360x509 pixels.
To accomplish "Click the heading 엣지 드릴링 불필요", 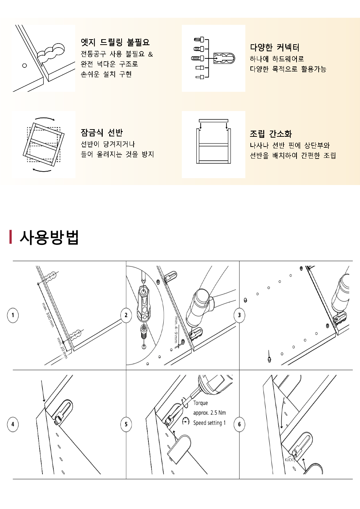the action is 115,42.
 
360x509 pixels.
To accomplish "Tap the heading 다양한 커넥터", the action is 275,48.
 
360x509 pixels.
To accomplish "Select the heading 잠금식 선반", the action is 102,133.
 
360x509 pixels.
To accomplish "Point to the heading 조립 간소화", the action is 271,134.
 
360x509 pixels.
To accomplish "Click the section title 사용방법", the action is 49,238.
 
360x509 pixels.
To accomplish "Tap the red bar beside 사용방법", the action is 11,237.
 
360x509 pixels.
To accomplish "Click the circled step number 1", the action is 13,315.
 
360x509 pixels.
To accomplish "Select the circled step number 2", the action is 126,315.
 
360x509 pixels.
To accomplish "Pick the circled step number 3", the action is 239,315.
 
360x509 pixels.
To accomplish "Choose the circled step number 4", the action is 13,424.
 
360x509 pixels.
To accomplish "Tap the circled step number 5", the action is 126,424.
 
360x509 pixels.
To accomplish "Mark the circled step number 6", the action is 239,424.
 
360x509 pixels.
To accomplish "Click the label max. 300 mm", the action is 48,315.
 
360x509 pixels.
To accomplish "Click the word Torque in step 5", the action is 200,403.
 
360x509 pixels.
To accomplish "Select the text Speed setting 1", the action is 209,423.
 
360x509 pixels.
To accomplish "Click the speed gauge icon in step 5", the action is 186,422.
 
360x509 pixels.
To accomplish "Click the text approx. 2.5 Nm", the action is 209,413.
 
